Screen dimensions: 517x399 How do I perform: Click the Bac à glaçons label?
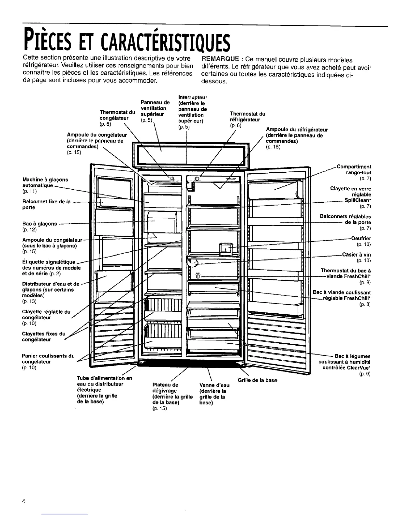pos(40,224)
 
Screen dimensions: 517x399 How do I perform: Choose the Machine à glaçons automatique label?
pos(45,182)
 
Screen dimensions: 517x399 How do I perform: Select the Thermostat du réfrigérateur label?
pos(247,117)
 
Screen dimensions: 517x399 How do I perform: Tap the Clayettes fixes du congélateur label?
pos(43,337)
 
